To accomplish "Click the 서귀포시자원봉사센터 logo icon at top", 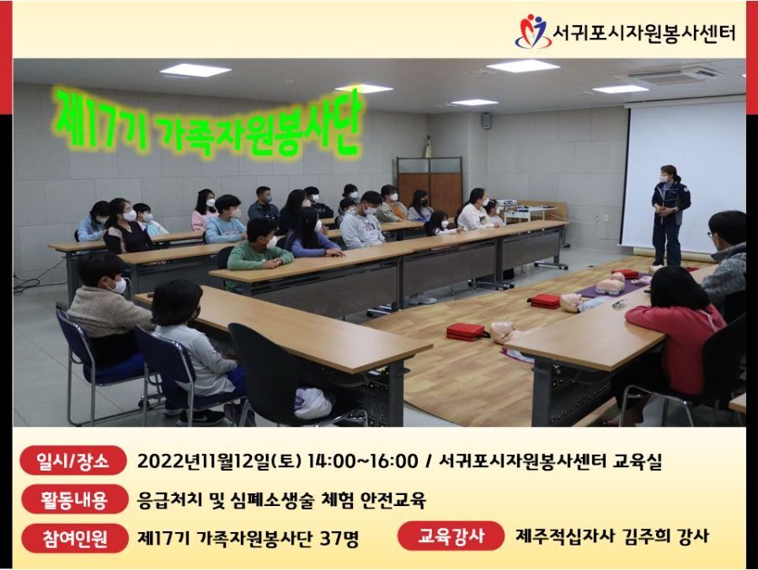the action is tap(532, 31).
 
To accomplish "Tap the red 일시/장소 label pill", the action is tap(73, 461).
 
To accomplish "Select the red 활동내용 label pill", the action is tap(74, 499).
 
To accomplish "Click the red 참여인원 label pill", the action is tap(74, 538).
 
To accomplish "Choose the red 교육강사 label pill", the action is tap(451, 535).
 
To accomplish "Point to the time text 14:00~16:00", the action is tap(362, 461).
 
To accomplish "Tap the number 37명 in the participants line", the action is tap(339, 538).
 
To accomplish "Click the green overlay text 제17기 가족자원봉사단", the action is tap(208, 123).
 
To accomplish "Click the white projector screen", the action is tap(685, 177).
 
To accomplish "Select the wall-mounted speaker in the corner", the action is tap(486, 120).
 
